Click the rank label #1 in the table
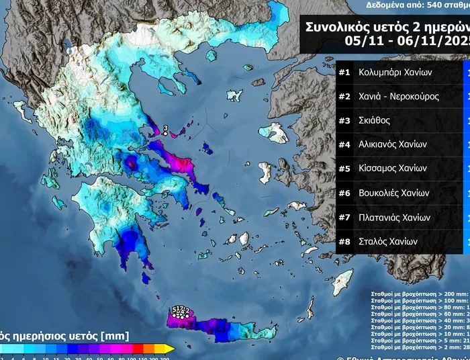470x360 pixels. coord(345,72)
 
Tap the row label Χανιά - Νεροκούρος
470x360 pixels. coord(398,96)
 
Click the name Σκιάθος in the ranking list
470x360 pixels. coord(375,120)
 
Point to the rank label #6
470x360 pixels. coord(345,193)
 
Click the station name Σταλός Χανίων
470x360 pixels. coord(388,241)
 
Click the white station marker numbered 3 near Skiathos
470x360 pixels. coord(165,134)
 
